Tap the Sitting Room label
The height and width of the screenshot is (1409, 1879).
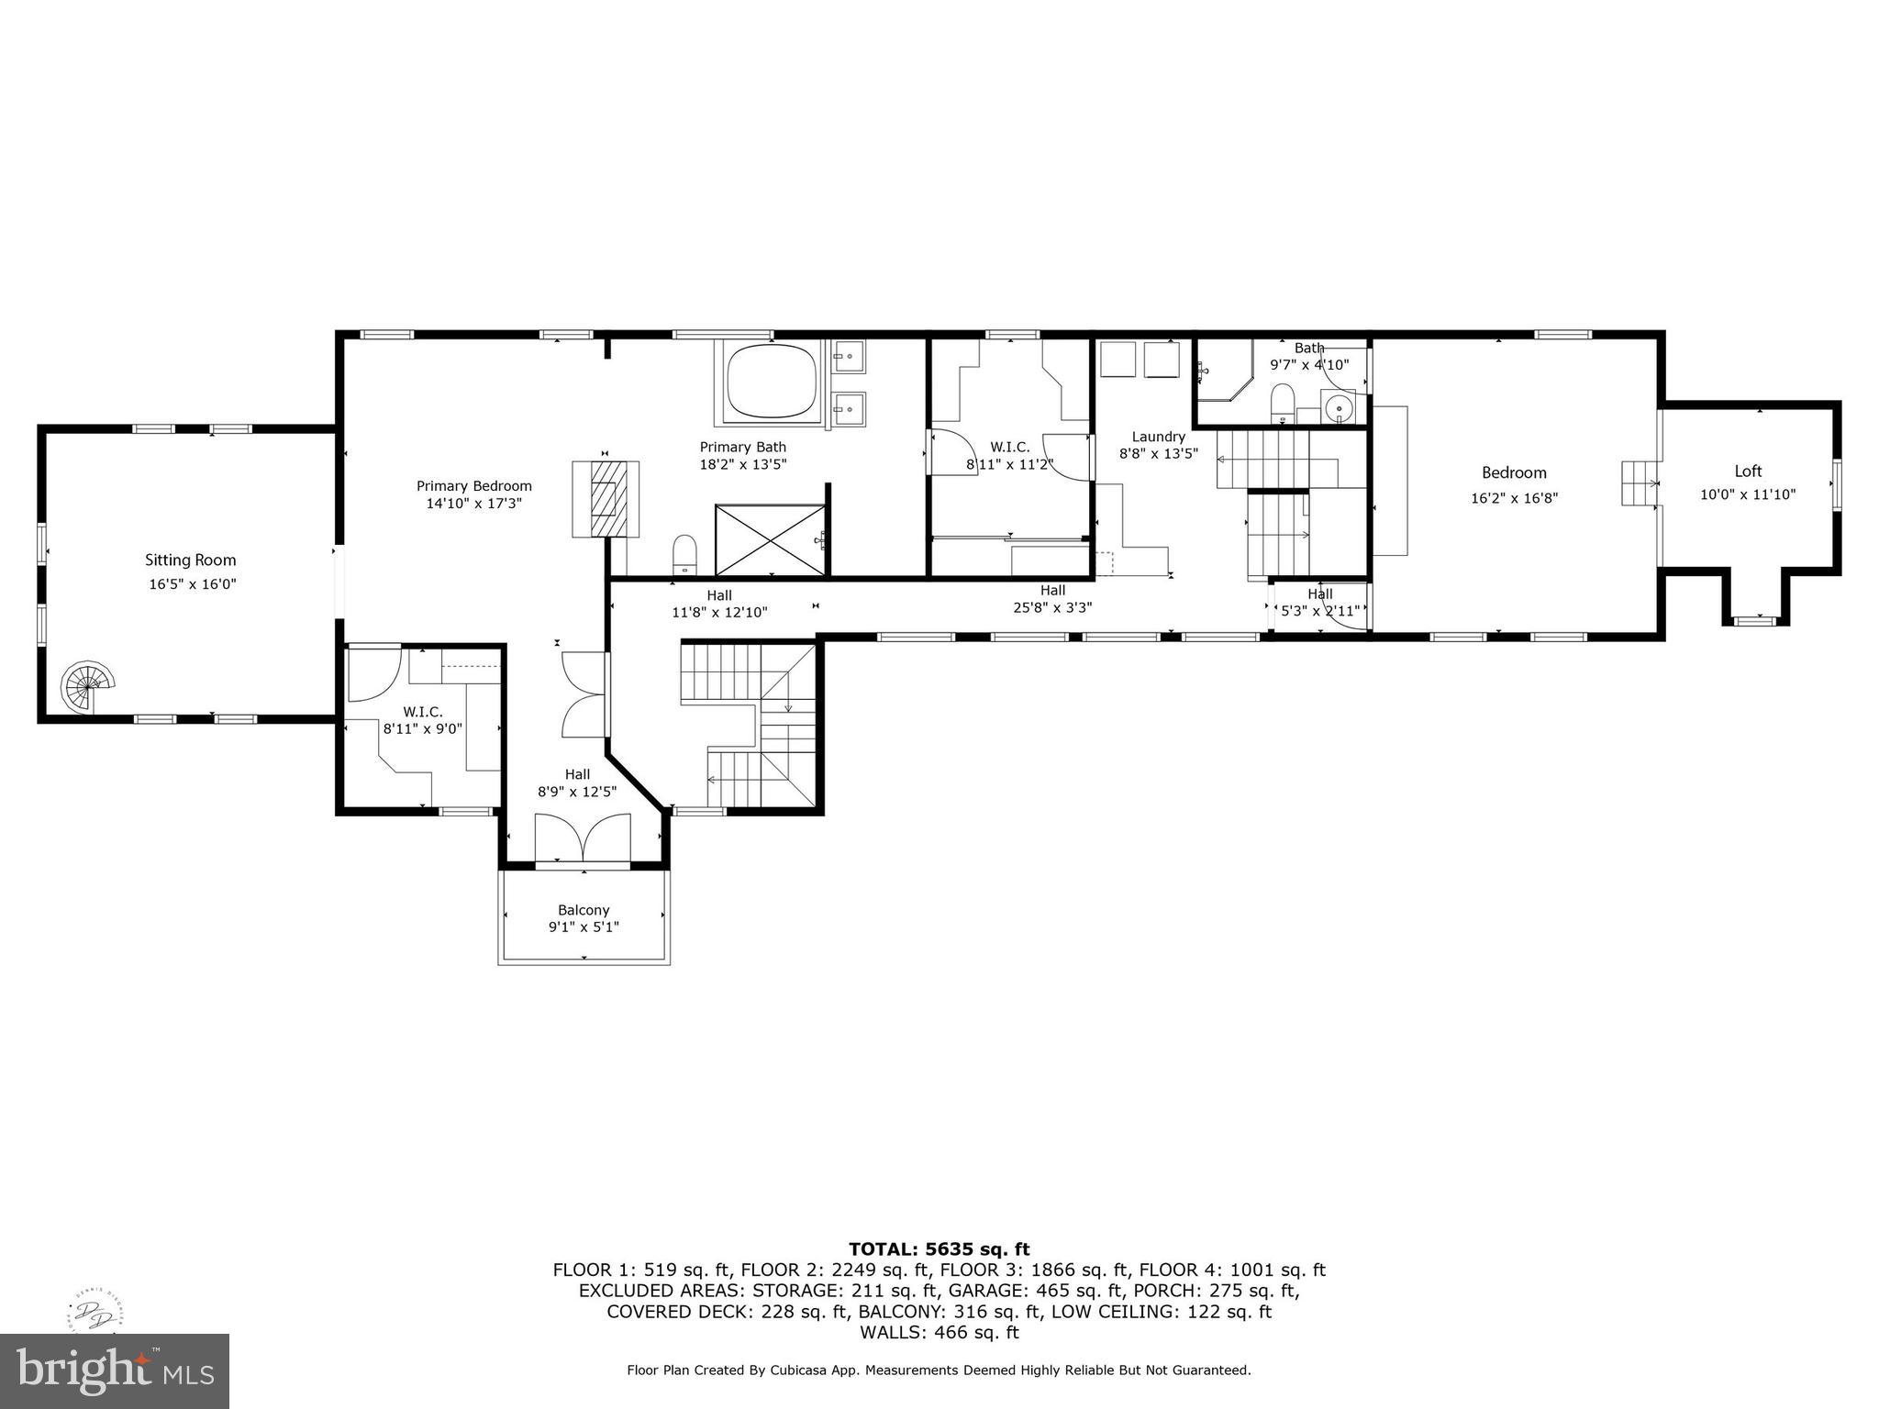click(191, 560)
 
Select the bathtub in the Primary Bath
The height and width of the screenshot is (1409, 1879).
click(772, 383)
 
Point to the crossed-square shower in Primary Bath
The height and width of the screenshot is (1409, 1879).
click(770, 539)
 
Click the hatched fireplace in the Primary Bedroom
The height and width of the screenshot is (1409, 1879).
click(606, 499)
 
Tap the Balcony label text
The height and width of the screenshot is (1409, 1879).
click(584, 910)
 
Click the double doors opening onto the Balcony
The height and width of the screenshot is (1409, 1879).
click(584, 838)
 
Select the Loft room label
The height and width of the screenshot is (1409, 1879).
click(1747, 472)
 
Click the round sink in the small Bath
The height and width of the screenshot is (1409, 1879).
click(1339, 405)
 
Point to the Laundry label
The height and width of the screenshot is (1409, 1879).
click(1158, 437)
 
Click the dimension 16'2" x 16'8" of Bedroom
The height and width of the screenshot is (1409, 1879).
click(1514, 498)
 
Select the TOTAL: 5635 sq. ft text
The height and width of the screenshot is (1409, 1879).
click(939, 1248)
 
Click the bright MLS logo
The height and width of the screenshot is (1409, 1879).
click(115, 1370)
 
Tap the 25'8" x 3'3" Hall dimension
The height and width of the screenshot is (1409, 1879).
click(1052, 607)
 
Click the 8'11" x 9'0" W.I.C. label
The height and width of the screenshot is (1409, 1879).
click(422, 728)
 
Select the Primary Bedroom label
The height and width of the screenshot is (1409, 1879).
click(473, 486)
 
